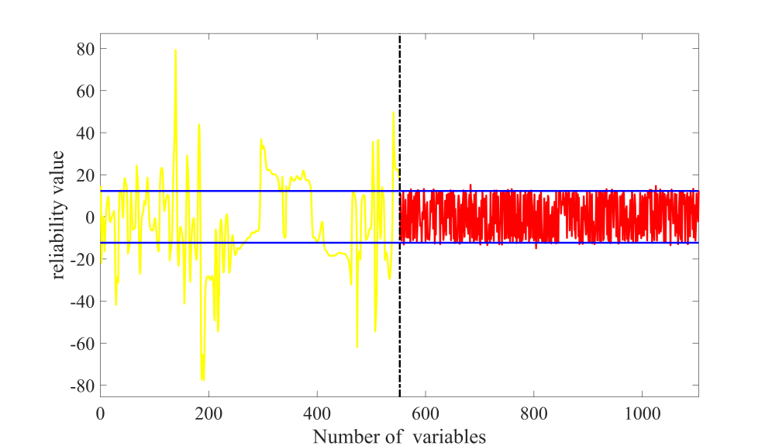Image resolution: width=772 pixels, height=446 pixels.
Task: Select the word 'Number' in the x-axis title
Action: pos(340,437)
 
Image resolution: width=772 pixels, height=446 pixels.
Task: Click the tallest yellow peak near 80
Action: pos(175,51)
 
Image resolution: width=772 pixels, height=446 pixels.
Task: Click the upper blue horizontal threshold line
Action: pos(233,191)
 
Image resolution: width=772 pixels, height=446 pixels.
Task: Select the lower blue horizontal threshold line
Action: pos(233,243)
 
